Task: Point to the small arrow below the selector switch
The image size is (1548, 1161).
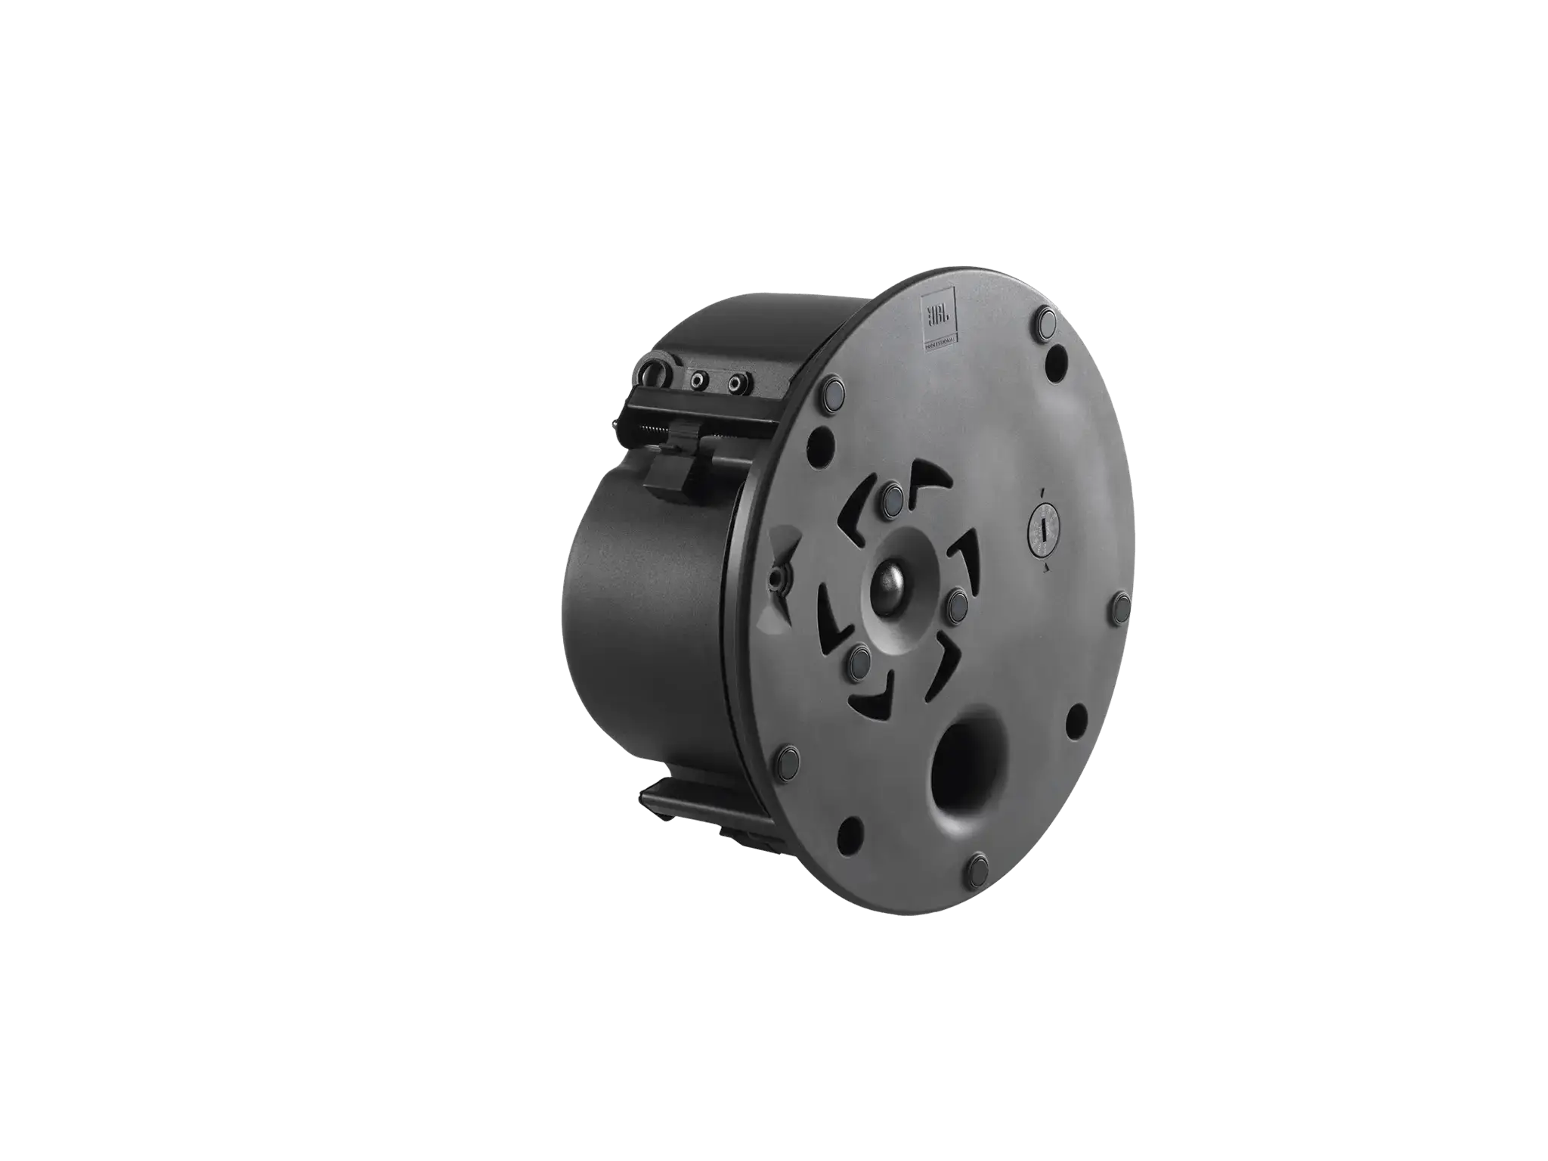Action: pyautogui.click(x=1045, y=571)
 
